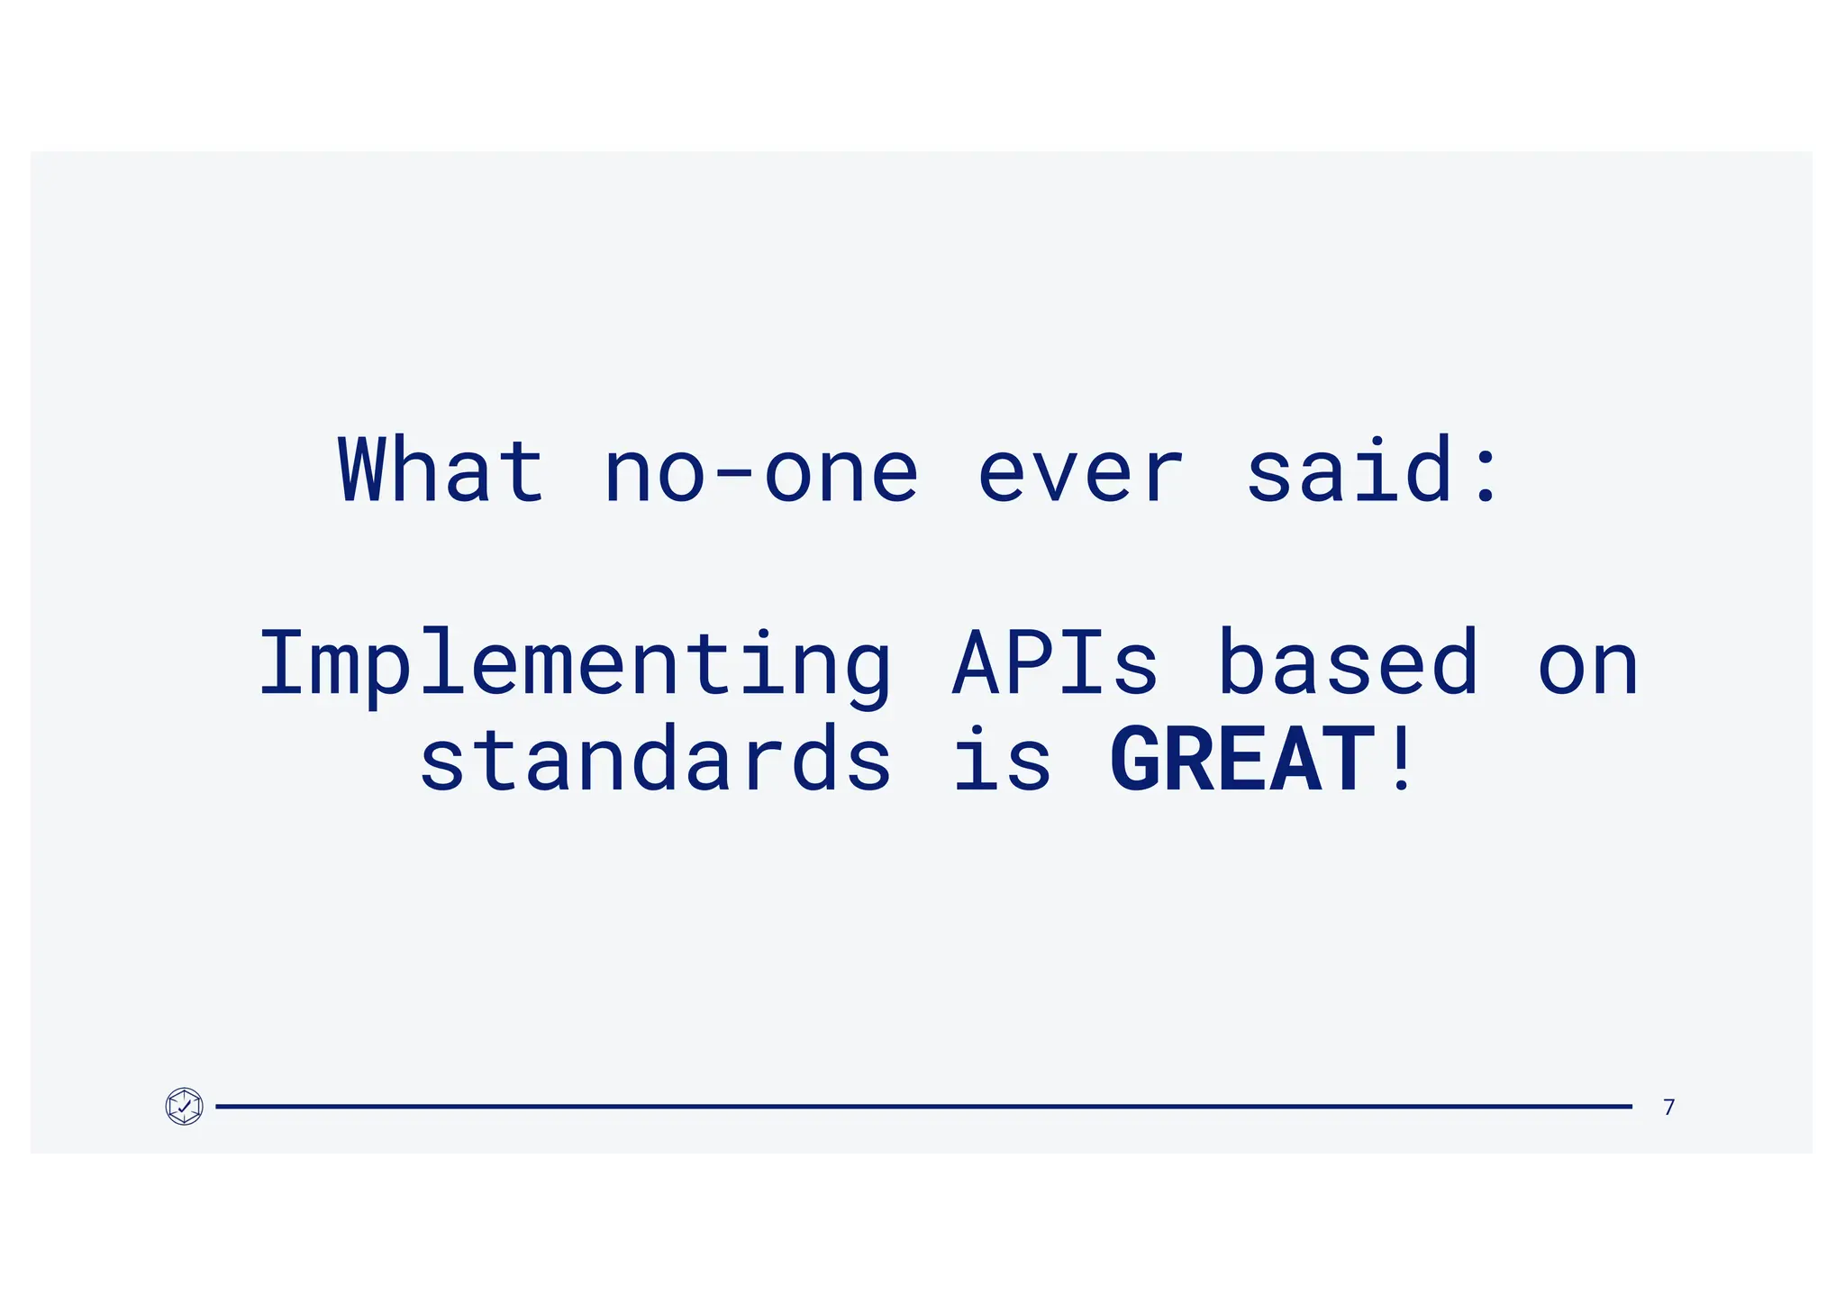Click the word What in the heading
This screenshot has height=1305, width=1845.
[441, 470]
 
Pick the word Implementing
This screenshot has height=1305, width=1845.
[575, 665]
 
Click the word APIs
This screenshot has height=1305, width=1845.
[1055, 663]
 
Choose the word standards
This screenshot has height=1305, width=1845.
[656, 759]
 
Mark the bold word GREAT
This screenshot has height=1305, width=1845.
[1243, 759]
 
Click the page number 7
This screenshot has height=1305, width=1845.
[1668, 1107]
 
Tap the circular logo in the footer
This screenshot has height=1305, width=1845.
[185, 1106]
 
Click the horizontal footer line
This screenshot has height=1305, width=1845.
[922, 1106]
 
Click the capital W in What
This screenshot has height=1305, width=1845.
[363, 470]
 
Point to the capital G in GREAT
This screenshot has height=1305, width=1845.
[1137, 759]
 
